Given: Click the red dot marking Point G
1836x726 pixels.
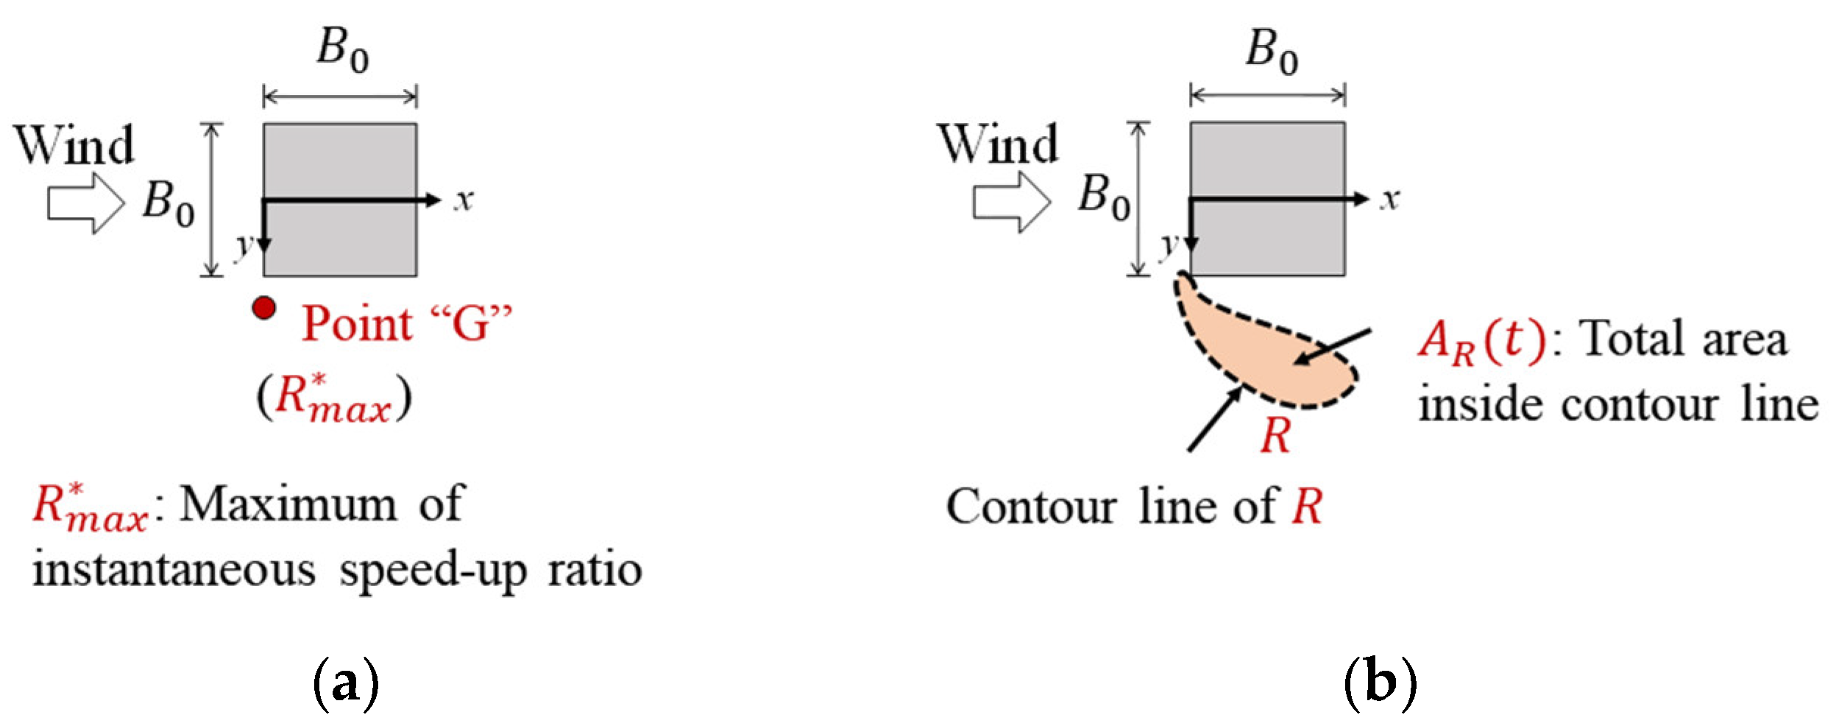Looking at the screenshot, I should pos(264,308).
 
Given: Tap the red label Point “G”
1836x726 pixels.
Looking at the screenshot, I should pos(406,323).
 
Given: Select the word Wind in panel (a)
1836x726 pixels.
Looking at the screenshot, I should pos(74,145).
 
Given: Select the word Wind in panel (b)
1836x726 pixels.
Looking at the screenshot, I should pos(998,144).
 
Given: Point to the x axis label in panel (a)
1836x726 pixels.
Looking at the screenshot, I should pos(463,200).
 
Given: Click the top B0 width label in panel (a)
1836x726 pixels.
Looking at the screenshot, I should pos(342,51).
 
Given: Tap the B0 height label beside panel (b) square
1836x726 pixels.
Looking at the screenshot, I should pos(1104,199).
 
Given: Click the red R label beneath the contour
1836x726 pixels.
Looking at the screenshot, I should pos(1275,437).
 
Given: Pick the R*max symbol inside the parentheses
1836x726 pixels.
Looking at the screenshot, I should pos(333,399).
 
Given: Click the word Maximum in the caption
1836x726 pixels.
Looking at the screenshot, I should pos(288,505).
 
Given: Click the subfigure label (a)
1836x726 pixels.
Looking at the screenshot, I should pos(346,683).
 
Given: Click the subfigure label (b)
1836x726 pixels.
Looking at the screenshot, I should pos(1380,683).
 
